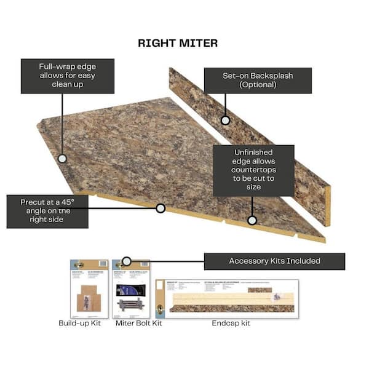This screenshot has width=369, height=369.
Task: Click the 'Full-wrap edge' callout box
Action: point(58,76)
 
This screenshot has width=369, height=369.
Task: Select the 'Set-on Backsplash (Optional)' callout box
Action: point(258,80)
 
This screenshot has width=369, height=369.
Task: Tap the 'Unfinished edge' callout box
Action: point(253,170)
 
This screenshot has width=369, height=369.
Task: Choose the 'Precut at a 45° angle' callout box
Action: point(47,212)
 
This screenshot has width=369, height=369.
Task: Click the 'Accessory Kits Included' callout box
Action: point(274,261)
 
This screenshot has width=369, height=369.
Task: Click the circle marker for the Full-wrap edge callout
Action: point(62,159)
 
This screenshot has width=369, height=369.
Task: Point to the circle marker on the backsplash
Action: point(226,121)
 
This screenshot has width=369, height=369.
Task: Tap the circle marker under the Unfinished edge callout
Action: point(252,220)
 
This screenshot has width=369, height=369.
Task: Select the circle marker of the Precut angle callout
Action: point(161,208)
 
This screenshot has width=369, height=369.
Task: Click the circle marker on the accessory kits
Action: point(127,261)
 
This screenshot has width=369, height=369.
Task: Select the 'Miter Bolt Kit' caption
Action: point(139,323)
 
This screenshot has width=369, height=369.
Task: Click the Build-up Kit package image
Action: point(89,288)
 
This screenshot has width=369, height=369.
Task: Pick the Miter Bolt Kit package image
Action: point(132,288)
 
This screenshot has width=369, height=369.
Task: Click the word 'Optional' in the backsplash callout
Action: point(258,85)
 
